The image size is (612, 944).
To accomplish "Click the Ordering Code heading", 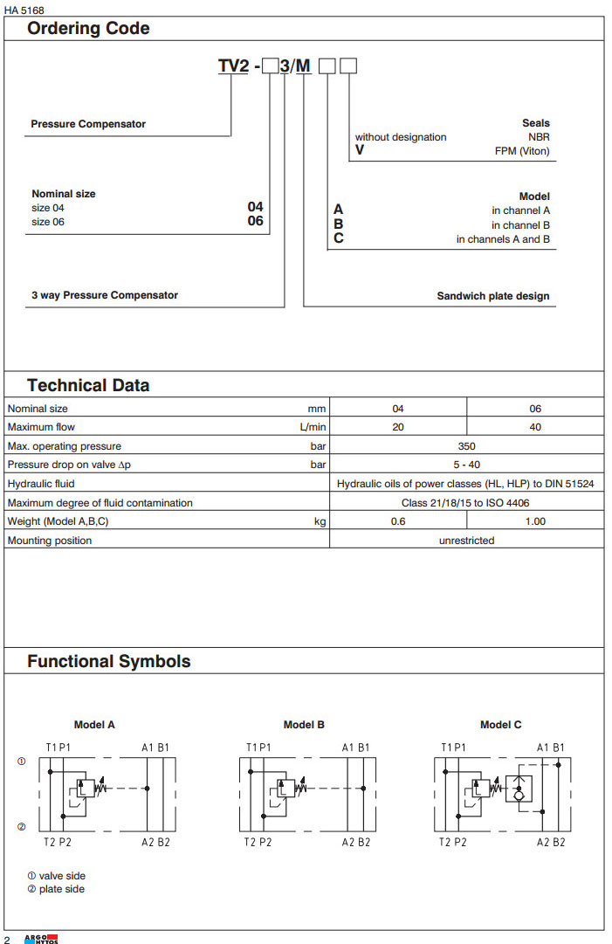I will tap(88, 29).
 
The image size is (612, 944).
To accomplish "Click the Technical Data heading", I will tap(88, 386).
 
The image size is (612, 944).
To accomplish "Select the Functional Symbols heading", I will tap(108, 661).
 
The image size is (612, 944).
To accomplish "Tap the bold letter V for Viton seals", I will tap(359, 150).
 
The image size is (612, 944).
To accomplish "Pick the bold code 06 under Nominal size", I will tap(255, 222).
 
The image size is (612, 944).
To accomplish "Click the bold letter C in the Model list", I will tap(339, 238).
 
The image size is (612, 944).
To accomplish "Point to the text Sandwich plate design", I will tap(493, 296).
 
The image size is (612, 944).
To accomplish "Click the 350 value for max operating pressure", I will tap(466, 446).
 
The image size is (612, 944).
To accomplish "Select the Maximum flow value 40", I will tap(535, 427).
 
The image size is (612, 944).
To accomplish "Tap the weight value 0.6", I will tap(398, 521).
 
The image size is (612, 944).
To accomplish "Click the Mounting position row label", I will tap(50, 541).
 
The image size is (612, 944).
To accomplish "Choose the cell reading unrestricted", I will tap(466, 541).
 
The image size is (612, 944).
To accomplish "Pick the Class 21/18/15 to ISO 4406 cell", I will tap(466, 503).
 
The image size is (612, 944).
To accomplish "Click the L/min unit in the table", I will tap(313, 427).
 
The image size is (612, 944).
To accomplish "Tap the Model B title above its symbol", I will tap(304, 725).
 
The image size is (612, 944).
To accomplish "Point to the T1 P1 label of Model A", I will tap(59, 748).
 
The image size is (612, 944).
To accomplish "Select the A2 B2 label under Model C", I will tap(551, 842).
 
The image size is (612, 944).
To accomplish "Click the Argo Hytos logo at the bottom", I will tap(40, 939).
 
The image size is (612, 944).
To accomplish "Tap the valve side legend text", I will tap(62, 876).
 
